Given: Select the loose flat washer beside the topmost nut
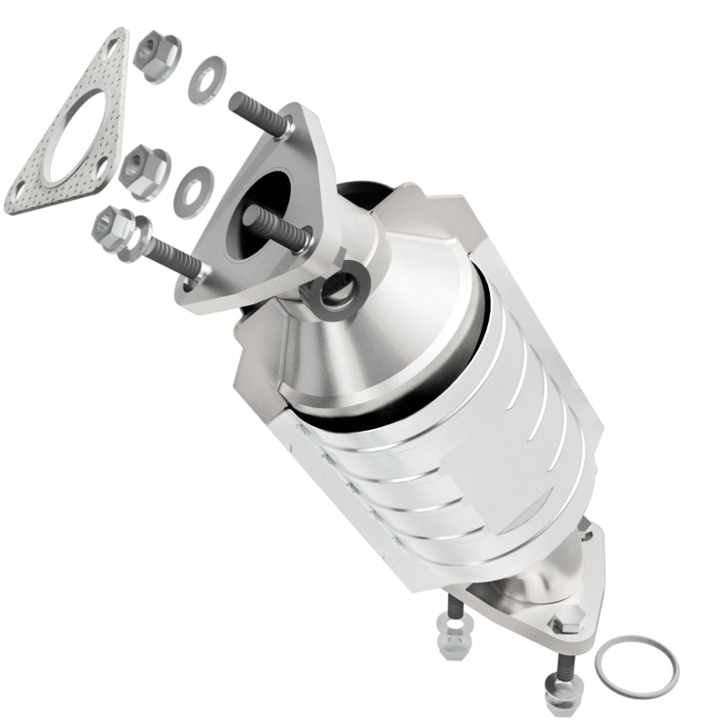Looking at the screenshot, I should (207, 80).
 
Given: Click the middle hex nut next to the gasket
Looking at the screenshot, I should (144, 170).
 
